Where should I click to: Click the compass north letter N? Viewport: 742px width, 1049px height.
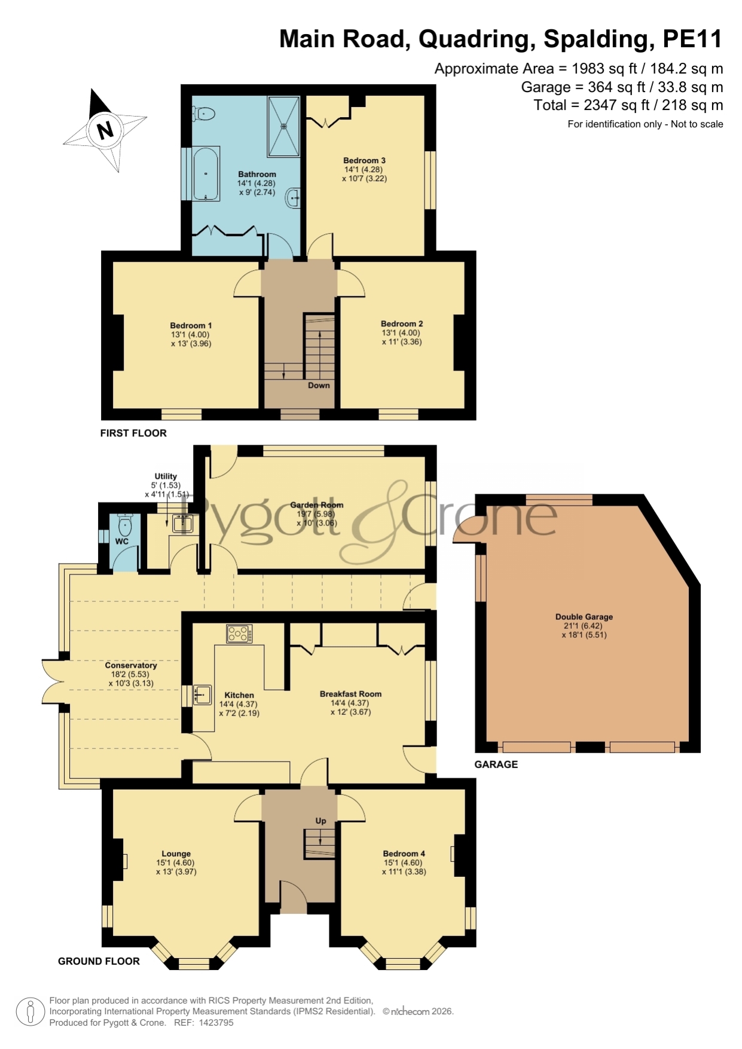coord(105,130)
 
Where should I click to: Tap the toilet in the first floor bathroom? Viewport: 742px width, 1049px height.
coord(203,113)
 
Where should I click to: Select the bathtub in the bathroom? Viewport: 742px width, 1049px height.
coord(206,173)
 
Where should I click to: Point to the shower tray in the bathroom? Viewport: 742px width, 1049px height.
coord(284,126)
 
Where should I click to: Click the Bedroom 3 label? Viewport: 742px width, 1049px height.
coord(364,160)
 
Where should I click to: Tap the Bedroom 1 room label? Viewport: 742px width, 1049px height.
coord(191,326)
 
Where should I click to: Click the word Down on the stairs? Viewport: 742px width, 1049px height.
coord(319,386)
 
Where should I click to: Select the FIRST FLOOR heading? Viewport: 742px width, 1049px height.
coord(133,433)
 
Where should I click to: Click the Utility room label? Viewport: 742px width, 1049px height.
coord(166,476)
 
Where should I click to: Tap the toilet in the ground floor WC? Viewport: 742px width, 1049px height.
coord(125,525)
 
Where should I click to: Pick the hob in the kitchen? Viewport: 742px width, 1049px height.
coord(239,634)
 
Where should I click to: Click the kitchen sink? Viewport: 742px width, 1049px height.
coord(201,695)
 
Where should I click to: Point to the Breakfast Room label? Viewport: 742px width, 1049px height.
coord(350,694)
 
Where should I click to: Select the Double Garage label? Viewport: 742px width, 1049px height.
coord(584,617)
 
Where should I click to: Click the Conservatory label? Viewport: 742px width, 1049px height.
coord(131,665)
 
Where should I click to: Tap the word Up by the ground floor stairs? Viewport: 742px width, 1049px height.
coord(321,821)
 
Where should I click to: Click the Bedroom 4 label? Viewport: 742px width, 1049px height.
coord(404,854)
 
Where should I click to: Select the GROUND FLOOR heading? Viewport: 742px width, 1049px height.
coord(99,961)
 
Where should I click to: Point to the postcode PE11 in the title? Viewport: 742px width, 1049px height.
coord(692,39)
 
